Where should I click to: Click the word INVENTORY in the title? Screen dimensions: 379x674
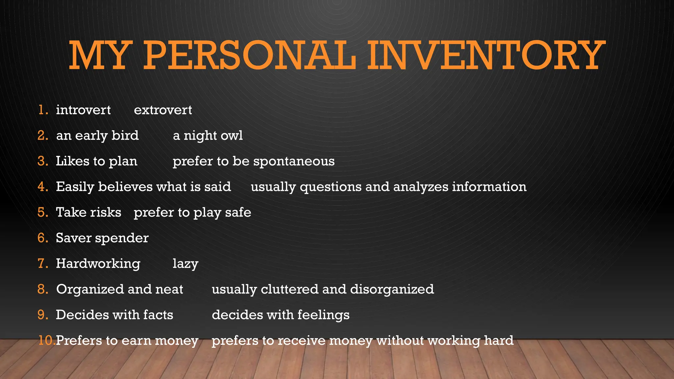click(x=486, y=55)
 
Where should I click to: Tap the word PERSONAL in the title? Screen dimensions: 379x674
click(x=250, y=55)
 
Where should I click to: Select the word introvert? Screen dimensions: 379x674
click(x=83, y=110)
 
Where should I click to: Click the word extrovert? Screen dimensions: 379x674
click(x=163, y=110)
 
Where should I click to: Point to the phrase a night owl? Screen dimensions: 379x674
click(x=208, y=136)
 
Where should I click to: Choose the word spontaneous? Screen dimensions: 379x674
click(x=294, y=161)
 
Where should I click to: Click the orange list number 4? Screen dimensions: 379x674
click(x=42, y=187)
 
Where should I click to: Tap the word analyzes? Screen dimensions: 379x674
click(x=420, y=187)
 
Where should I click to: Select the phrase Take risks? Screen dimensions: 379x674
click(x=89, y=212)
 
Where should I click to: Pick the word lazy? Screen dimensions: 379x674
click(x=185, y=264)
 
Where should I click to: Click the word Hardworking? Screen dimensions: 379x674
click(x=98, y=264)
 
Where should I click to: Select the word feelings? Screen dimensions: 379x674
click(x=323, y=315)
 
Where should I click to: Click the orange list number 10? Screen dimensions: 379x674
click(x=46, y=340)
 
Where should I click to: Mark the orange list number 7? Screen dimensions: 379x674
click(x=42, y=264)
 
